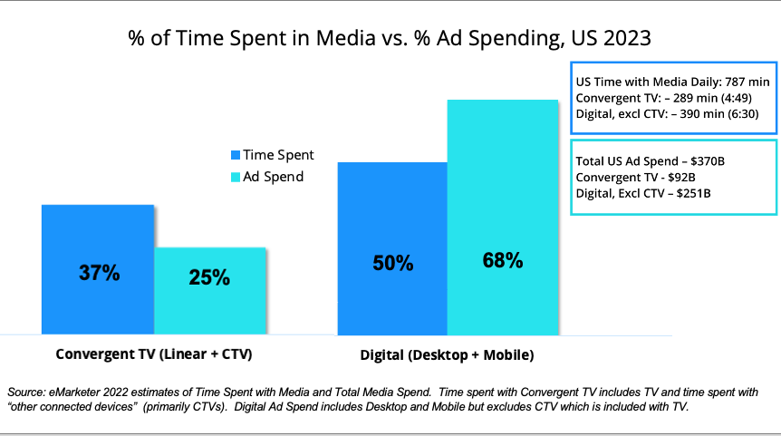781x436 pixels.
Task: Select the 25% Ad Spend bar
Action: click(209, 291)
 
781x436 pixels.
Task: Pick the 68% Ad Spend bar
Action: click(502, 218)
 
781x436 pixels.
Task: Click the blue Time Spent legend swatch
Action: click(235, 156)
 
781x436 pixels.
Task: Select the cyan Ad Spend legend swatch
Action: click(235, 177)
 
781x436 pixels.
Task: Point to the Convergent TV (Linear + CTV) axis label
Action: click(153, 353)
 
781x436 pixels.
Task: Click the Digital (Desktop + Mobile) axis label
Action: click(448, 353)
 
